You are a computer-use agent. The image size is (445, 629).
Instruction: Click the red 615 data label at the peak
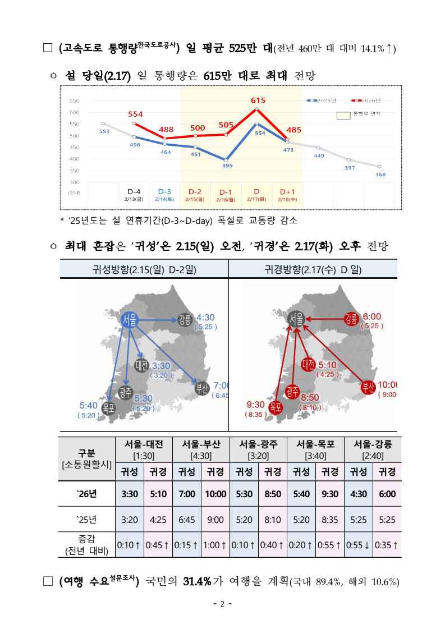(258, 100)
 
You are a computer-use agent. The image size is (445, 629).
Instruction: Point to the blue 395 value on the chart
(227, 166)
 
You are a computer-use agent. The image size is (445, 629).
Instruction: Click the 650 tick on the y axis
(74, 101)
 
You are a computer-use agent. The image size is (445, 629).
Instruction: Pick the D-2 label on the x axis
(196, 191)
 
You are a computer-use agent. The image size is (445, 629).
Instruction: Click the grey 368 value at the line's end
(380, 174)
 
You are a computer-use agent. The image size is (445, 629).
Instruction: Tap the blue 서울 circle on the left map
(131, 319)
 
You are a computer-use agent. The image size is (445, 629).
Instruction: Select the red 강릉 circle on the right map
(352, 320)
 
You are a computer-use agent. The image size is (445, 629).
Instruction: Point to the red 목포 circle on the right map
(275, 407)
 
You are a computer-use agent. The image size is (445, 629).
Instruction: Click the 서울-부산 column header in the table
(200, 448)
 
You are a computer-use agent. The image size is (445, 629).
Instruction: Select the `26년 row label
(86, 494)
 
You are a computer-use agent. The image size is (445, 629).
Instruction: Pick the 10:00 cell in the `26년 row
(215, 494)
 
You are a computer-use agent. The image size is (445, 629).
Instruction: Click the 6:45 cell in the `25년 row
(187, 520)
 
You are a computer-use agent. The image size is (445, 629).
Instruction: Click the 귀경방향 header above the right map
(313, 270)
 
